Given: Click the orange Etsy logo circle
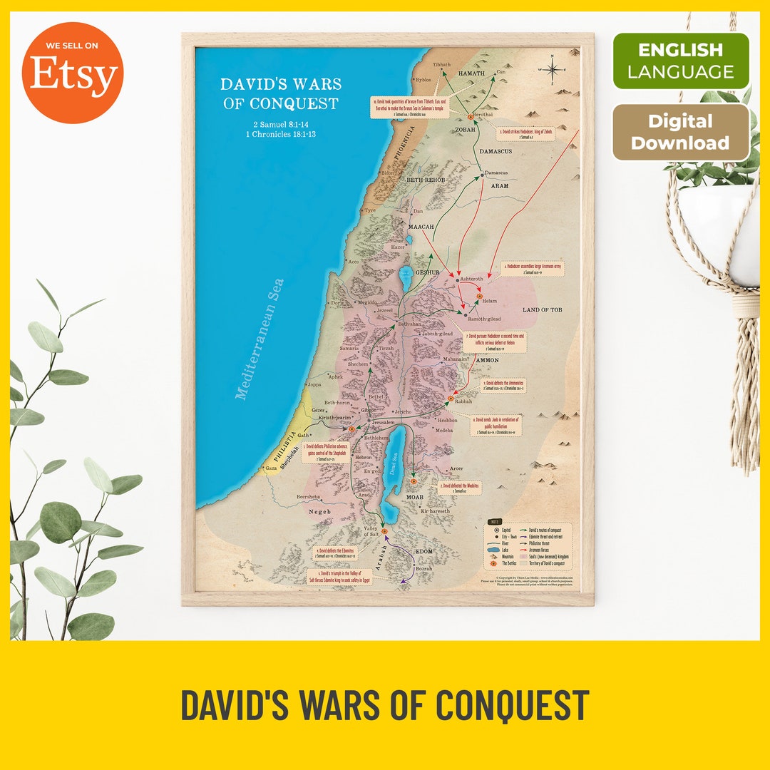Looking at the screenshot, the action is coord(72,73).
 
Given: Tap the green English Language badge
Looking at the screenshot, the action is coord(681,61).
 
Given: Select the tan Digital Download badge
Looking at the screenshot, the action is coord(680,132).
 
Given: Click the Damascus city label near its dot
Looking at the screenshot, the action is coord(496,173).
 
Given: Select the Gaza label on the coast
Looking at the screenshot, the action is coord(272,469).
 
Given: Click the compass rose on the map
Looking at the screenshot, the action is coord(553,69).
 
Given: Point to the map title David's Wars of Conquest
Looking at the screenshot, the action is coord(280,93).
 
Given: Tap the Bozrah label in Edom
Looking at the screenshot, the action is coord(423,568).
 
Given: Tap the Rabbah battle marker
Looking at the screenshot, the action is coord(451,399).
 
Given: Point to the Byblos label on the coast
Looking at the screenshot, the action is coord(423,81).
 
